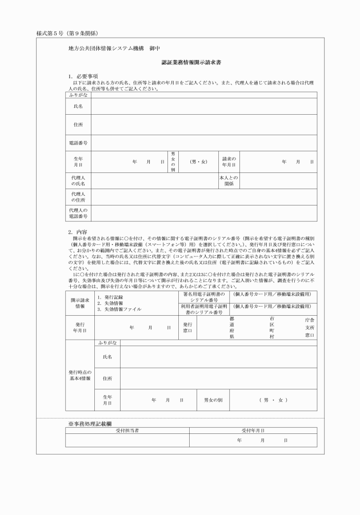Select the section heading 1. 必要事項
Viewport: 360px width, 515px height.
click(x=83, y=76)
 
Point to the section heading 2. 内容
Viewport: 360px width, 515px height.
click(x=78, y=232)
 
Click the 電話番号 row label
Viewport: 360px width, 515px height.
click(x=78, y=142)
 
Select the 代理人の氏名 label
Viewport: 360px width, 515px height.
click(x=78, y=181)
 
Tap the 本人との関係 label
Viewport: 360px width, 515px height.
click(x=229, y=181)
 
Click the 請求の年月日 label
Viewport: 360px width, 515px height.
click(x=229, y=162)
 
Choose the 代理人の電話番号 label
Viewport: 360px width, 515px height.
click(x=78, y=214)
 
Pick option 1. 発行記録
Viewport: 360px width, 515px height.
click(x=110, y=297)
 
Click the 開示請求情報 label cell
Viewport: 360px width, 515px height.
click(x=79, y=303)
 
